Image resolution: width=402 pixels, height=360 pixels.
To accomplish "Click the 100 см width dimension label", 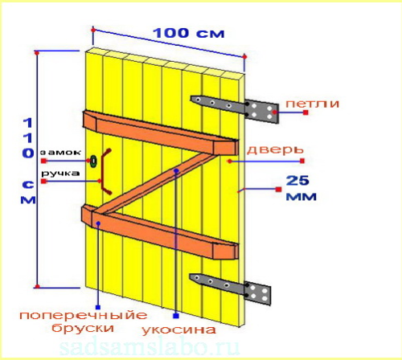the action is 188,33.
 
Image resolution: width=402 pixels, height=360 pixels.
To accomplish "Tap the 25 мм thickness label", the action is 301,188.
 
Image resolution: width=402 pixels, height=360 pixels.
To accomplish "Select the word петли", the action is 312,104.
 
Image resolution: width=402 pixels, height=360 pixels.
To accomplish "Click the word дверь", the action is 275,150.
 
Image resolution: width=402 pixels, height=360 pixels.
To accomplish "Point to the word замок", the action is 60,153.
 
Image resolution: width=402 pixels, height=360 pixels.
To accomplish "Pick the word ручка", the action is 60,174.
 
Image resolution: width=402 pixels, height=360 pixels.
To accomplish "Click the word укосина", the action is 178,329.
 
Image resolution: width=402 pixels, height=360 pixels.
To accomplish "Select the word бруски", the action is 83,327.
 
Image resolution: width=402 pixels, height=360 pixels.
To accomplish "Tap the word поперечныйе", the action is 84,315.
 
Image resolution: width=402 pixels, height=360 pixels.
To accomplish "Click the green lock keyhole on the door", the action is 93,161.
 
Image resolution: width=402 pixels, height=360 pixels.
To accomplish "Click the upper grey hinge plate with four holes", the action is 262,112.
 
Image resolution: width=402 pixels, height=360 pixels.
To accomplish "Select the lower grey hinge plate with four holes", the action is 258,293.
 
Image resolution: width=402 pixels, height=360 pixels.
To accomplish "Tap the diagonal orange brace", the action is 157,183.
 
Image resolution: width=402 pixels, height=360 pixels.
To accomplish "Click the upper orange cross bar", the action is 161,133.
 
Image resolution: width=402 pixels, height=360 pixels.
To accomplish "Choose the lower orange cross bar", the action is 160,232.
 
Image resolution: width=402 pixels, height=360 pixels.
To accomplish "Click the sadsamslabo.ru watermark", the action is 150,347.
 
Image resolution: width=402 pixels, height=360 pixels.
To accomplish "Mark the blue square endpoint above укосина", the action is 176,316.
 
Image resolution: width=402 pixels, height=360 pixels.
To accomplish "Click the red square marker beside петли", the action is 306,112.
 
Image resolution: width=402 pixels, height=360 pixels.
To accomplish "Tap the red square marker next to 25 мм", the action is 278,190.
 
